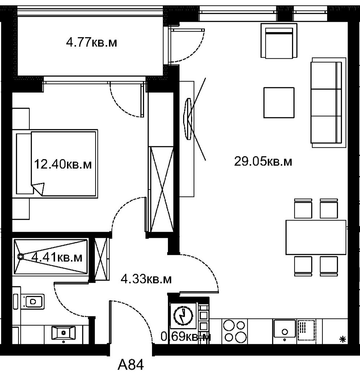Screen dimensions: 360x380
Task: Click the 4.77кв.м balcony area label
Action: tap(91, 43)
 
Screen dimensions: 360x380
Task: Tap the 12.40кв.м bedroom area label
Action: tap(63, 164)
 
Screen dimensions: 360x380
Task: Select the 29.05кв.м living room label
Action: tap(263, 161)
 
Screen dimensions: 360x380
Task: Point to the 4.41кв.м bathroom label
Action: tap(57, 257)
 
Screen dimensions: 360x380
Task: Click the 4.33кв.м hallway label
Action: tap(146, 279)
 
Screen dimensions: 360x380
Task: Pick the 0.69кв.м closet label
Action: tap(186, 337)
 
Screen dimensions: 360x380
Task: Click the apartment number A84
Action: tap(131, 365)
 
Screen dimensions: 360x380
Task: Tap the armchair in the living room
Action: tap(279, 41)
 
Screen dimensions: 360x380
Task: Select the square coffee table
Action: tap(279, 102)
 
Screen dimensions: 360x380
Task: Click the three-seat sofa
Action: tap(329, 102)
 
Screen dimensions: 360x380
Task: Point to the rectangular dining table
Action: tap(316, 237)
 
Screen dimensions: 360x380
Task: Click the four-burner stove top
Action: tap(234, 331)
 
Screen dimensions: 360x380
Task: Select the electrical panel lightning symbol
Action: tap(183, 316)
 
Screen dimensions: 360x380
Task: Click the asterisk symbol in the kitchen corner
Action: tap(343, 339)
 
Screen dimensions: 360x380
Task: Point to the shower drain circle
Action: tap(21, 256)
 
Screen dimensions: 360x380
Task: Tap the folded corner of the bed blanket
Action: tap(38, 189)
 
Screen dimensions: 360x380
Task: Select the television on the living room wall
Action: tap(188, 119)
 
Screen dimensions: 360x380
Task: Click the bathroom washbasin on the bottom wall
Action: tap(63, 333)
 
